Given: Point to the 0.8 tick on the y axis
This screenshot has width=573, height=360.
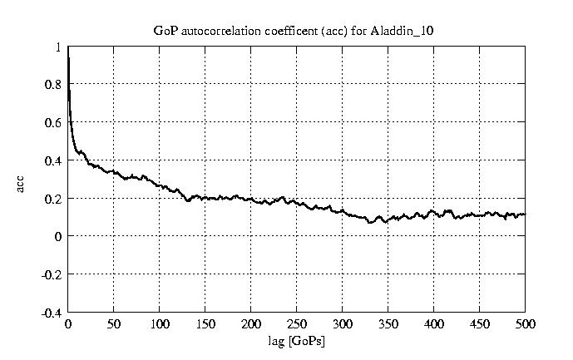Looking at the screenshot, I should click(54, 84).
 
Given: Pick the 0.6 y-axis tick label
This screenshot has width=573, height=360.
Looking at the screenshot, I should click(54, 122).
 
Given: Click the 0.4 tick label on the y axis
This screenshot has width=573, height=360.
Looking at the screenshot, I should click(54, 160).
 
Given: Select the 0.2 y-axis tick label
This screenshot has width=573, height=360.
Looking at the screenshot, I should click(54, 199).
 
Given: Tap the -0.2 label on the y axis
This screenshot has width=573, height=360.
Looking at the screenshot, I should click(52, 274).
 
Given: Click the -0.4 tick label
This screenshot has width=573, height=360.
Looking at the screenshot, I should click(52, 313).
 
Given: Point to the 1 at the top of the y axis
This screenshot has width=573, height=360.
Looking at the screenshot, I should click(58, 47).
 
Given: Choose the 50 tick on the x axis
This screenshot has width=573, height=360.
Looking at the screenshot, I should click(114, 324).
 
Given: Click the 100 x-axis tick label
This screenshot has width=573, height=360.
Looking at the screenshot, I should click(160, 324).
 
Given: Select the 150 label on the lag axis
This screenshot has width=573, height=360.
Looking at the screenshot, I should click(205, 324).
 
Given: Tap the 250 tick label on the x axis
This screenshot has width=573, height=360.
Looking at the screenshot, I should click(297, 324).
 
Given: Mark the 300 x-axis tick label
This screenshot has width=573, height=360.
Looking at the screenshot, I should click(343, 324).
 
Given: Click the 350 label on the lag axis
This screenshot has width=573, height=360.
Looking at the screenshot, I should click(388, 324).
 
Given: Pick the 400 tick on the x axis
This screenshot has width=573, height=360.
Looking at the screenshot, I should click(434, 324).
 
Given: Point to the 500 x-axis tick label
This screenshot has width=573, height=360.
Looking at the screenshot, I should click(525, 324).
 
